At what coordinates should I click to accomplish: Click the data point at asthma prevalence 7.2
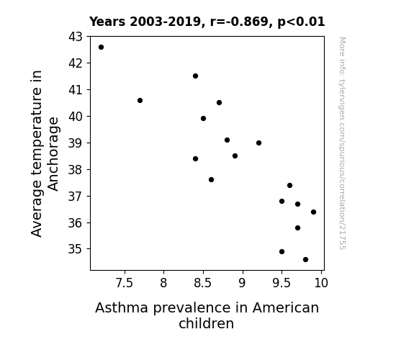101,48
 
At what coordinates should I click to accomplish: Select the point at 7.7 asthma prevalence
140,100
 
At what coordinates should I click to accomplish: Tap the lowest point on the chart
305,260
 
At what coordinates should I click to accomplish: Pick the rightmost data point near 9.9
313,212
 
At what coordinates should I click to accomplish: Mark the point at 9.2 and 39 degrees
258,143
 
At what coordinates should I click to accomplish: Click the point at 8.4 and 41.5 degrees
195,76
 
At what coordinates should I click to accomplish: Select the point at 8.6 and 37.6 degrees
211,179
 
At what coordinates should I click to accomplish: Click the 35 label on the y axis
76,249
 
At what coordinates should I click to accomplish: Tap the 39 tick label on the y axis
76,143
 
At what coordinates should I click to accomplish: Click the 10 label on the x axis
321,283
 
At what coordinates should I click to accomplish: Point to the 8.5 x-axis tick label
203,283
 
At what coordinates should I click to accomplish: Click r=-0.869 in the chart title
239,22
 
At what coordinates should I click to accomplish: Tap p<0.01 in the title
301,22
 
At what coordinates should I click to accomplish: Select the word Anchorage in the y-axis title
53,154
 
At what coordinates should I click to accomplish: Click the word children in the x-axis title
206,323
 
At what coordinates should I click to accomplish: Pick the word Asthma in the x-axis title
122,307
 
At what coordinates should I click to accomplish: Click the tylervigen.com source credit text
342,143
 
